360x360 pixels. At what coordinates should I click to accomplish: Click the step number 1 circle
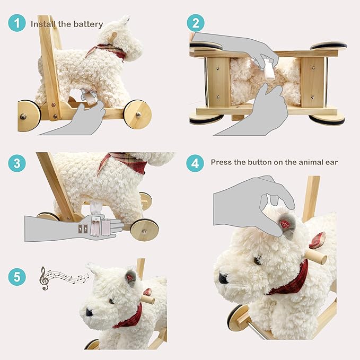click(x=17, y=23)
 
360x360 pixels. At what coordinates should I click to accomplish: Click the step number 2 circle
click(x=195, y=23)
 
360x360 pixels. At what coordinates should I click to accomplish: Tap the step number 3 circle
click(x=17, y=163)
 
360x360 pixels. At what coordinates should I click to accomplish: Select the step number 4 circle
click(x=195, y=163)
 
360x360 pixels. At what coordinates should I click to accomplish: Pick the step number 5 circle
click(x=17, y=276)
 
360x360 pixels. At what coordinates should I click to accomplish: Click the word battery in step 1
click(x=88, y=24)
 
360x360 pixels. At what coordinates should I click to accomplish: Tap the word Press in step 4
click(x=222, y=162)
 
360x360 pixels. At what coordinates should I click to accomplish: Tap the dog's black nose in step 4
click(x=224, y=277)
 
